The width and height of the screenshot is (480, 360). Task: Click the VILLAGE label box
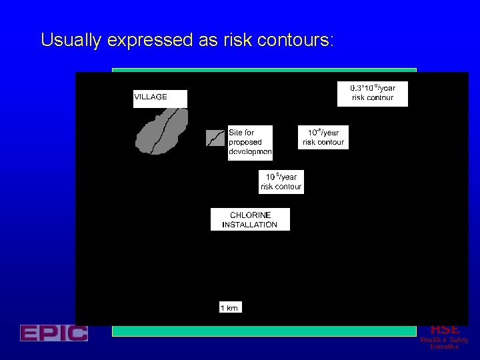[160, 98]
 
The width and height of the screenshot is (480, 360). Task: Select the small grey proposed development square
[215, 138]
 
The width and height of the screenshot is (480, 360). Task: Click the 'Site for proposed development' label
[250, 143]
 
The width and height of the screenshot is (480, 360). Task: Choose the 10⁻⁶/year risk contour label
[323, 137]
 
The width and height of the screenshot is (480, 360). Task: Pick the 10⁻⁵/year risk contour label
[281, 182]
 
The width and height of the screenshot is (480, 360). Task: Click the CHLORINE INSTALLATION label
[250, 219]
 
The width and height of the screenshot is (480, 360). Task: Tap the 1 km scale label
[229, 307]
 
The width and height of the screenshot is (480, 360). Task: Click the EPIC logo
[53, 333]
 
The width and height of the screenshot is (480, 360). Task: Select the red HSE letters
[444, 329]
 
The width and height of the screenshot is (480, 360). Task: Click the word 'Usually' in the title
[69, 41]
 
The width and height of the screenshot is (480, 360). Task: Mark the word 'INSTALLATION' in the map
[250, 225]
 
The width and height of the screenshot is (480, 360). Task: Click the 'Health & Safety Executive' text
[444, 343]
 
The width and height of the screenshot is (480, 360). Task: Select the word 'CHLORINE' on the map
[250, 215]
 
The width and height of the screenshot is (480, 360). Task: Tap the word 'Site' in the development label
[235, 133]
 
